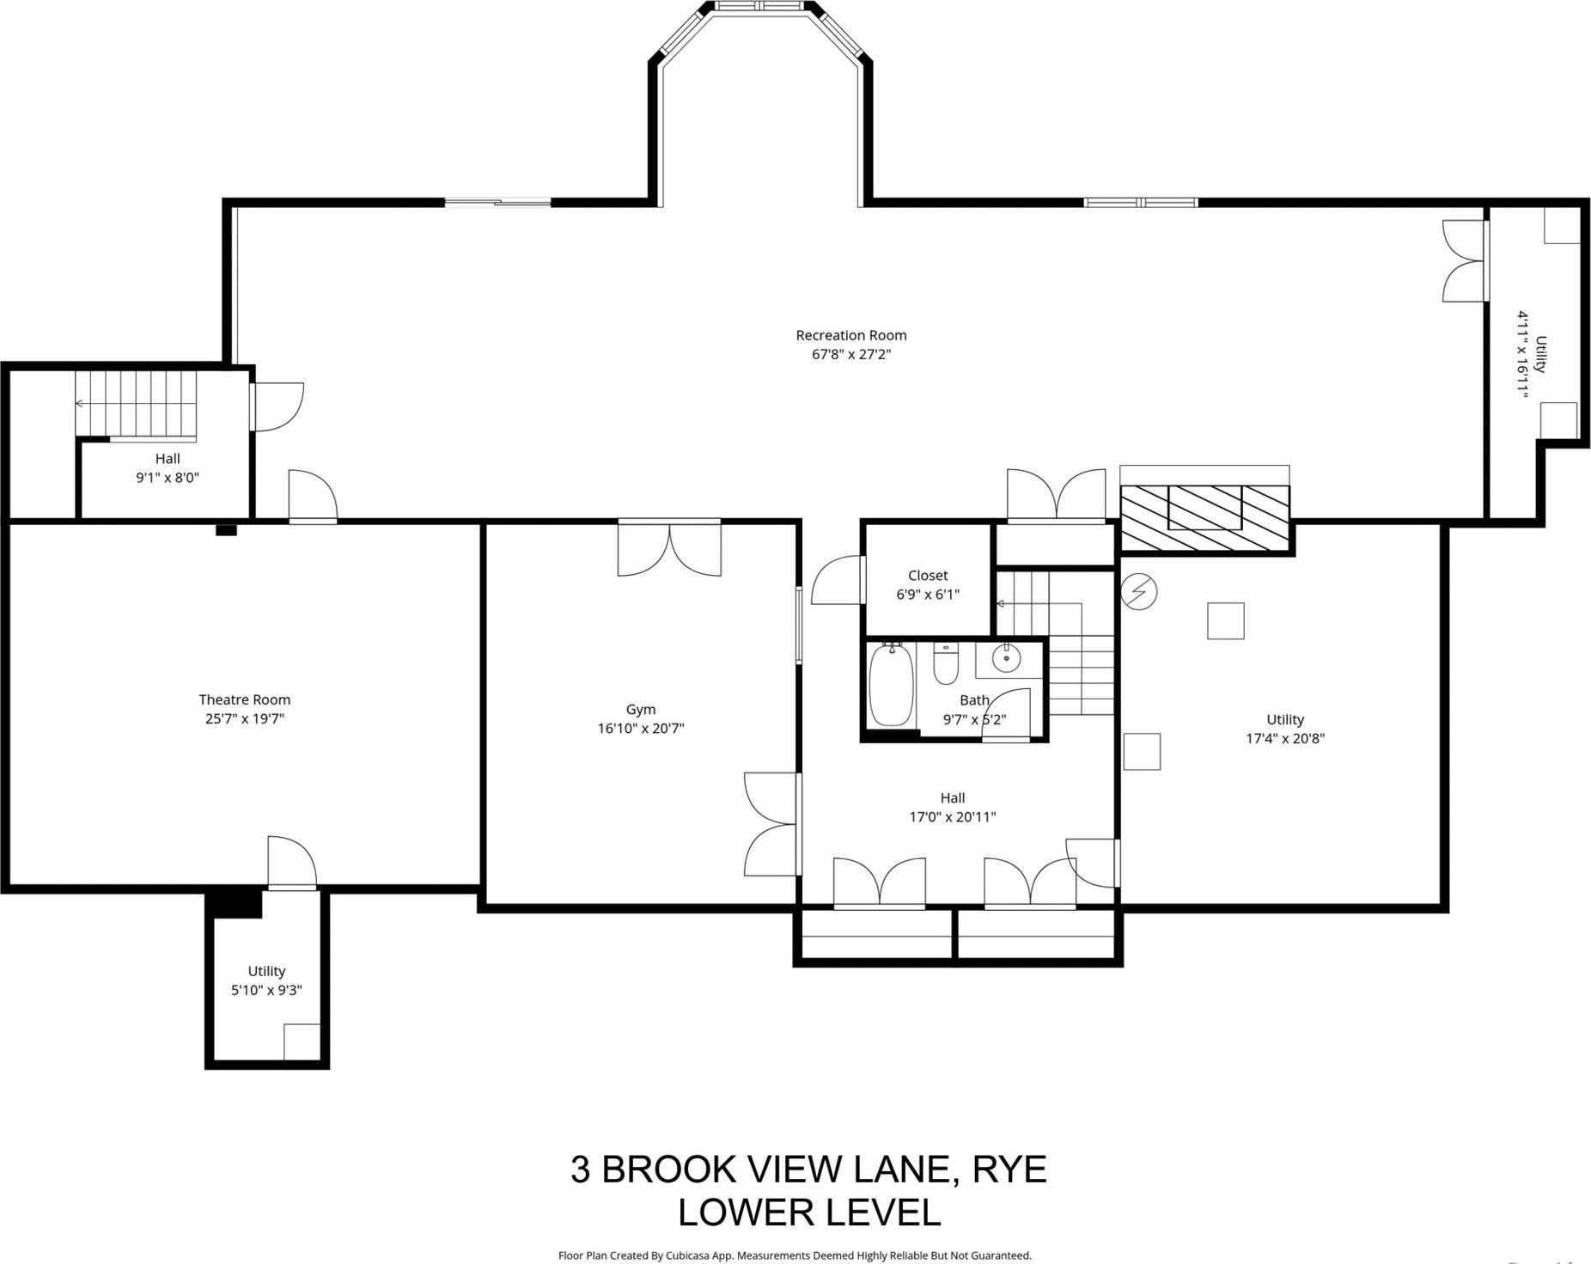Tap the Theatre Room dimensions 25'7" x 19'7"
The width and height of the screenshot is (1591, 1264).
(x=244, y=718)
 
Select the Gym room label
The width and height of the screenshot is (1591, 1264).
(x=641, y=709)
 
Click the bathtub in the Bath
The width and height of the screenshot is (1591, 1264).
(x=890, y=687)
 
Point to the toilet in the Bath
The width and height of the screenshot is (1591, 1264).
(x=945, y=665)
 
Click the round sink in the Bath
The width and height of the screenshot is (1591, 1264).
(x=1005, y=659)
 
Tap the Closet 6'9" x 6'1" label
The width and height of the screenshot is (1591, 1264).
(x=928, y=584)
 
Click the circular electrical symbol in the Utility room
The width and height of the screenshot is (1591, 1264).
(x=1139, y=591)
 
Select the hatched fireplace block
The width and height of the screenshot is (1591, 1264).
(x=1205, y=518)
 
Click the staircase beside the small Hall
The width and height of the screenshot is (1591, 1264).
(x=136, y=403)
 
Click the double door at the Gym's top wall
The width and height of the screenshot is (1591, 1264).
(x=669, y=548)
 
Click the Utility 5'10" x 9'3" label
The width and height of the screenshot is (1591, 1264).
(x=266, y=980)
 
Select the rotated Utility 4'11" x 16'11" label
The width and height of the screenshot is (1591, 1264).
(x=1531, y=354)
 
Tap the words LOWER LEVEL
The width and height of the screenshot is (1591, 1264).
(x=808, y=1212)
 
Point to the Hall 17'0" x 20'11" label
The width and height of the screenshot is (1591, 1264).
(x=952, y=807)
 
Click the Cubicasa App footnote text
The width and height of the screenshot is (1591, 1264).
(x=795, y=1255)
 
